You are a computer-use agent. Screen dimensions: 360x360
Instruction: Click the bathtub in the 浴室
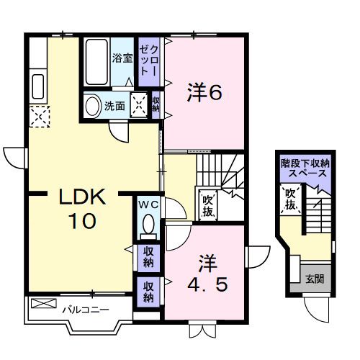[x=96, y=62]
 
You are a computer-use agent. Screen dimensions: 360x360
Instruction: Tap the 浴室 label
[x=122, y=58]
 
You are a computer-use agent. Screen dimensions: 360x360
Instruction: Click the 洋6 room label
[x=204, y=92]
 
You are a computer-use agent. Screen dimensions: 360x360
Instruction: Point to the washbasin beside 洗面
[x=94, y=107]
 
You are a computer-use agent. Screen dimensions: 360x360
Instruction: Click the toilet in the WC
[x=148, y=225]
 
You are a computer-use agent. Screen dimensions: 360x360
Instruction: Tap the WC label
[x=149, y=204]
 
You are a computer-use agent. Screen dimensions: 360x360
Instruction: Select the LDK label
[x=82, y=197]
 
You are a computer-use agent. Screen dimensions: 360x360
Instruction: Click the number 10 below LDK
[x=82, y=221]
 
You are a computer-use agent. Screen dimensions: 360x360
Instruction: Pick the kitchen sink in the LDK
[x=38, y=86]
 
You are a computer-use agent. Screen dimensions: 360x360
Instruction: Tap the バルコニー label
[x=86, y=310]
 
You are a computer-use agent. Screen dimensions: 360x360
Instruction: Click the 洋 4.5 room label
[x=207, y=274]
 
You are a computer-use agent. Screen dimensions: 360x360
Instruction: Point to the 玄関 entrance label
[x=315, y=279]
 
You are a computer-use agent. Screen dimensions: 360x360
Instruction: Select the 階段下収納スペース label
[x=305, y=168]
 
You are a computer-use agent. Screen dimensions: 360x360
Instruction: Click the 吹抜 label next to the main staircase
[x=207, y=206]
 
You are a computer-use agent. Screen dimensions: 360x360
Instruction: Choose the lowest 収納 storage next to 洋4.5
[x=148, y=292]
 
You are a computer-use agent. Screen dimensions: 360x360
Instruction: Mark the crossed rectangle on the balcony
[x=44, y=303]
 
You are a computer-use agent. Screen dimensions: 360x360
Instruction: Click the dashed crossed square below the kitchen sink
[x=40, y=117]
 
